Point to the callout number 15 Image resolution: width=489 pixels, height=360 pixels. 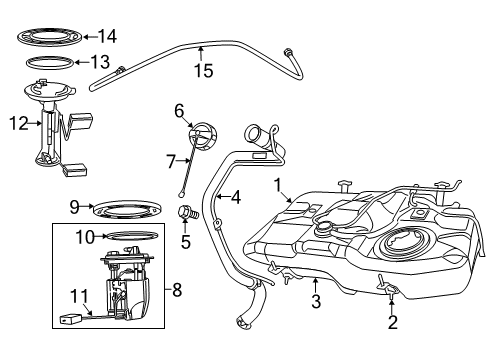click(x=204, y=71)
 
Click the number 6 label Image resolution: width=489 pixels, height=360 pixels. click(x=179, y=110)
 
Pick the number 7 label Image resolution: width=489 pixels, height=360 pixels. click(x=170, y=158)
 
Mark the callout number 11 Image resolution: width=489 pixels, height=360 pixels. click(x=79, y=295)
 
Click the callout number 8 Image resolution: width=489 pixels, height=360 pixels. click(x=178, y=291)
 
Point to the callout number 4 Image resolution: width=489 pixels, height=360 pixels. click(x=236, y=197)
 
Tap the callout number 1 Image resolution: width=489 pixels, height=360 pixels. click(x=279, y=185)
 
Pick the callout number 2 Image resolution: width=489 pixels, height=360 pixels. click(x=393, y=322)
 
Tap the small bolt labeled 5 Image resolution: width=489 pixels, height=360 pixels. click(x=184, y=212)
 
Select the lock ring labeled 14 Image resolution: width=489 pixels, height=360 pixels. click(x=52, y=38)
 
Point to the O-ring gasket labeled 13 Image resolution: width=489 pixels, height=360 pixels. click(x=52, y=64)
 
